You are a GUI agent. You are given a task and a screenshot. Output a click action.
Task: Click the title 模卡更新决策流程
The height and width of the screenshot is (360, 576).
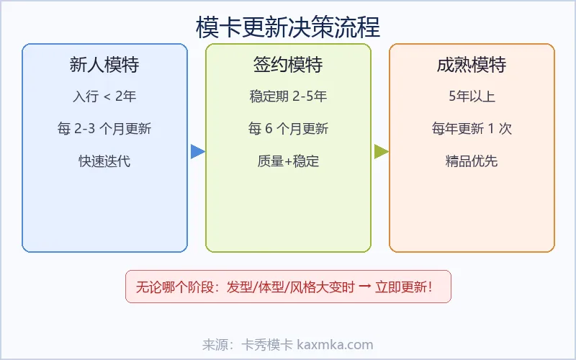coord(288,27)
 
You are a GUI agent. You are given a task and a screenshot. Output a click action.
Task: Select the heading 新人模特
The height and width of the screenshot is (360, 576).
coord(104,66)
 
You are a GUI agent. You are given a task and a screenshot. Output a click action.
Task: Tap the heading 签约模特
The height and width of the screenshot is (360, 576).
coord(288,66)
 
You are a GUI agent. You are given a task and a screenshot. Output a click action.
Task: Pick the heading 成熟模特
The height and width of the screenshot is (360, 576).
coord(472,66)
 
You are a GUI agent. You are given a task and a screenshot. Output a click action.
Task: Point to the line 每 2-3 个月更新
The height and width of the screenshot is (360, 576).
coord(104,129)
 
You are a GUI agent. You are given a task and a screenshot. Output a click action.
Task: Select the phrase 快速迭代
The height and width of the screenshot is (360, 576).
coord(104,161)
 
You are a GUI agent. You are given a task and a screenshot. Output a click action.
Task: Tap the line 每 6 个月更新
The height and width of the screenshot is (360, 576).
coord(288,129)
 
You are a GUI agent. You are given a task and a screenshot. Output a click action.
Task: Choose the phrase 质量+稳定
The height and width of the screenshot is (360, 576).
coord(288,161)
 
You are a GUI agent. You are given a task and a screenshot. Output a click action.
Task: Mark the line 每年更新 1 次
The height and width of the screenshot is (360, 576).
coord(472,129)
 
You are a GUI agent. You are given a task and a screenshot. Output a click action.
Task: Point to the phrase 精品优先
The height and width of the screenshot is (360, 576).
coord(472,161)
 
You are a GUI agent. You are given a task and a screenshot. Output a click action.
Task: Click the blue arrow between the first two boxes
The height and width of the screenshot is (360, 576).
coord(197,151)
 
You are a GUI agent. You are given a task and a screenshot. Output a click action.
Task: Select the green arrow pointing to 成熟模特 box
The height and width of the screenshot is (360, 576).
coord(381,151)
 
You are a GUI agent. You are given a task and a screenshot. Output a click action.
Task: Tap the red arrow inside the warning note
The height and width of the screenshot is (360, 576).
coord(365,287)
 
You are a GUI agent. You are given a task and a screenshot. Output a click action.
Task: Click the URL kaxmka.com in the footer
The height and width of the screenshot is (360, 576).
coord(335,345)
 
